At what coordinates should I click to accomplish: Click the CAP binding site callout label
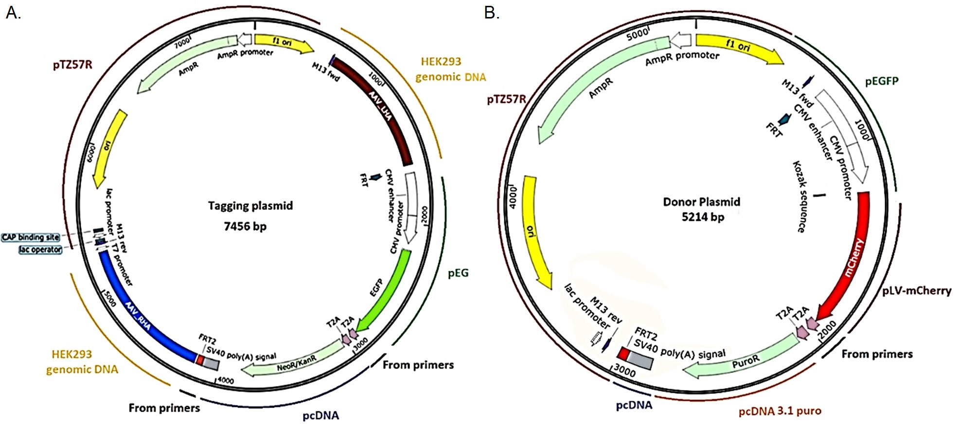pyautogui.click(x=30, y=237)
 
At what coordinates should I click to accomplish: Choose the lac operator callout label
pyautogui.click(x=40, y=249)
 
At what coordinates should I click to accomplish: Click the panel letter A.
pyautogui.click(x=13, y=13)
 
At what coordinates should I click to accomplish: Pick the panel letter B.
pyautogui.click(x=491, y=13)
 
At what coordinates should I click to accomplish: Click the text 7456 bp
pyautogui.click(x=245, y=226)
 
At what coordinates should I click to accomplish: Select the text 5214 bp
pyautogui.click(x=703, y=217)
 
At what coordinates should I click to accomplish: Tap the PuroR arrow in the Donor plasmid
pyautogui.click(x=744, y=361)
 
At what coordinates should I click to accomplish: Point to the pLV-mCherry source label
pyautogui.click(x=917, y=290)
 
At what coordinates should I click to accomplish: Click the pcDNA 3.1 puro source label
pyautogui.click(x=780, y=411)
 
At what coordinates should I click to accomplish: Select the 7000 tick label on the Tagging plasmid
pyautogui.click(x=183, y=42)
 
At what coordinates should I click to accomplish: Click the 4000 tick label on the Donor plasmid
pyautogui.click(x=512, y=197)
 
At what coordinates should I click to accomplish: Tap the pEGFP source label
pyautogui.click(x=882, y=81)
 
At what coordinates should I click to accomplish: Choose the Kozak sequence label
pyautogui.click(x=799, y=196)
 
